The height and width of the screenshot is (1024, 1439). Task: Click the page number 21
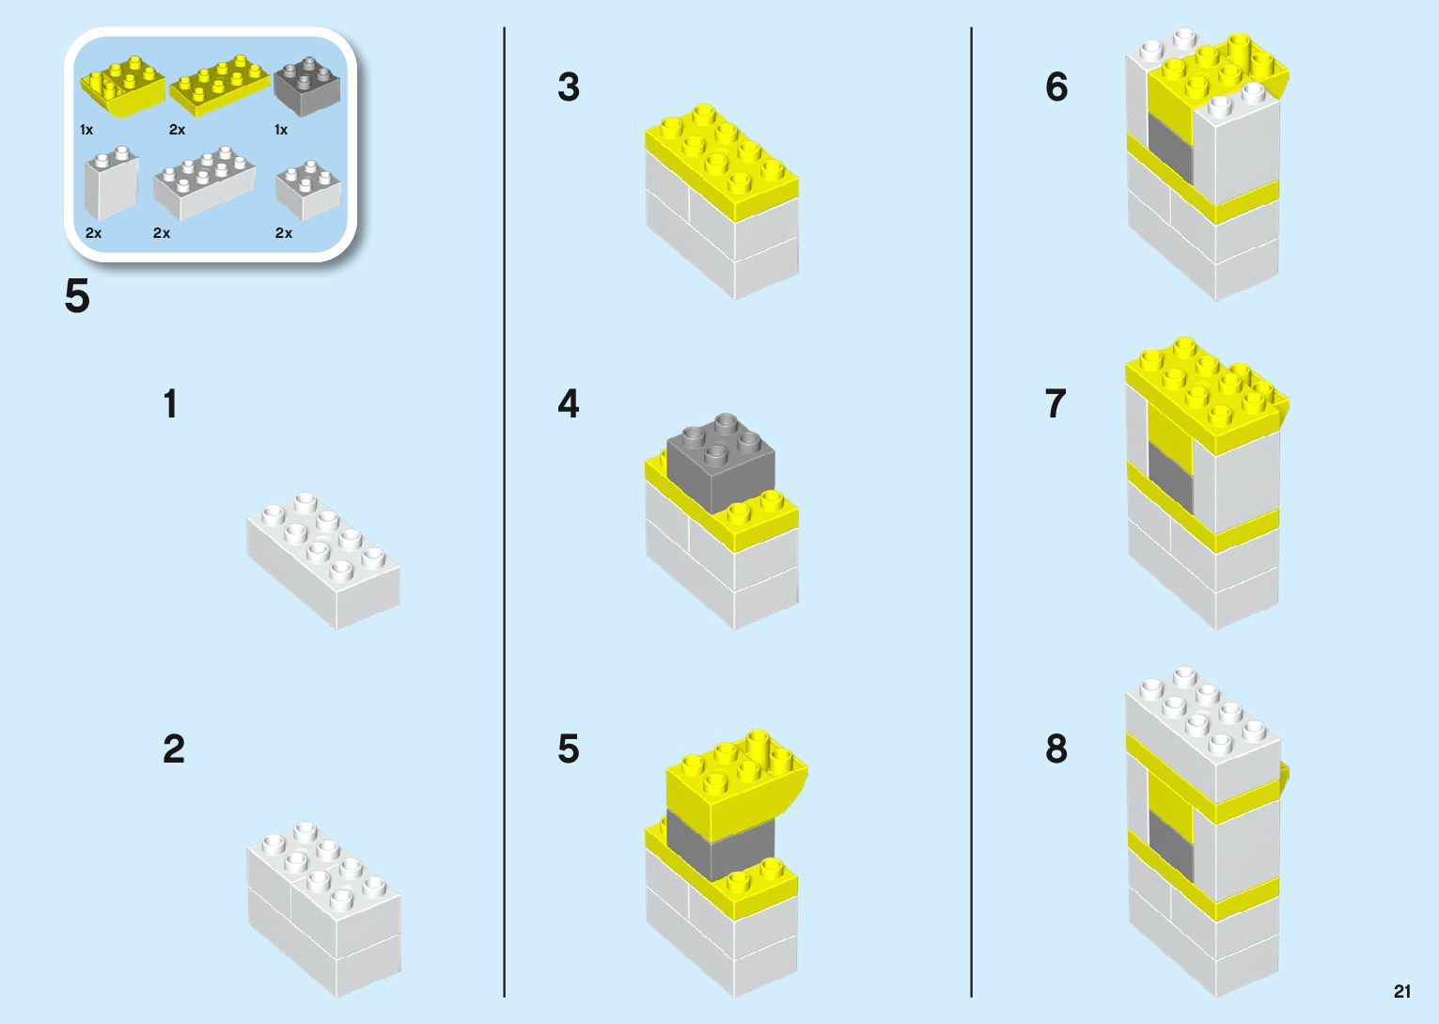point(1402,991)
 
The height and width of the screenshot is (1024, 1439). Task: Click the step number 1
point(170,404)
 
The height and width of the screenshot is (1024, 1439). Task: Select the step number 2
point(174,749)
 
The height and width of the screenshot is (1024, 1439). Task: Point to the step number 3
point(569,87)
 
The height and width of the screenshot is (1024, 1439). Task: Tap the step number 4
point(569,404)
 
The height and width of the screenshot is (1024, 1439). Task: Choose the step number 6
point(1056,87)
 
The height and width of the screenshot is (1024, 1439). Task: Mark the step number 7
point(1056,404)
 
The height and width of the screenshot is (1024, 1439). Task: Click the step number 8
point(1056,749)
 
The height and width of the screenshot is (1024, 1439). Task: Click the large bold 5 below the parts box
point(77,297)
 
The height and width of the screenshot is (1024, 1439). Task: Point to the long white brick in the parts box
point(204,181)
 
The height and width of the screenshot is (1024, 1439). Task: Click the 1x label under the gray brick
point(281,130)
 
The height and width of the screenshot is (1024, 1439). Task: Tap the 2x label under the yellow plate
point(177,130)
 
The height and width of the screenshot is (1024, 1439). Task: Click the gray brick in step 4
point(721,463)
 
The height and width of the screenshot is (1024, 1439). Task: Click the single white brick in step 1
point(323,559)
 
